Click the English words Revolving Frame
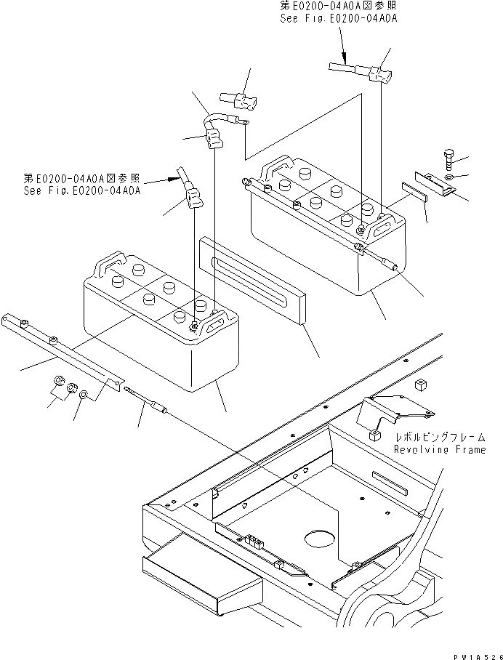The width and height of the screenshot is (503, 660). click(439, 450)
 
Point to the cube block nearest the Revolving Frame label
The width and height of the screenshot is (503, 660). click(375, 436)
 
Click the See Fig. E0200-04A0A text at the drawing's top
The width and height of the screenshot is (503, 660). click(339, 18)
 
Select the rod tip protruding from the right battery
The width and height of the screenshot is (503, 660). click(393, 267)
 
